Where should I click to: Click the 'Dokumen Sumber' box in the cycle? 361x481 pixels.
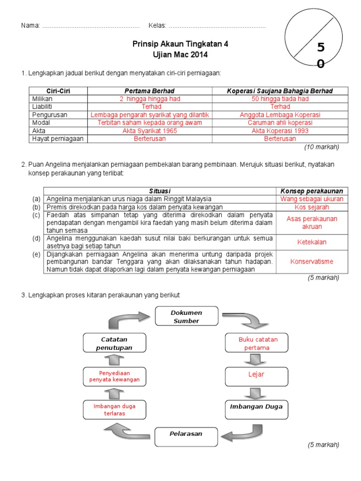(186, 316)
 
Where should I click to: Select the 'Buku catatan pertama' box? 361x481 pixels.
(256, 343)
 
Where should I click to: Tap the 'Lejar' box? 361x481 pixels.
(256, 374)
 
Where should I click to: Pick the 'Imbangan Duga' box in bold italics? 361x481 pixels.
(256, 406)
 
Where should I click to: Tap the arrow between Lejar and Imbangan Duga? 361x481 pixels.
(255, 393)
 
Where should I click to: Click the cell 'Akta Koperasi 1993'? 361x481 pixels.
(280, 131)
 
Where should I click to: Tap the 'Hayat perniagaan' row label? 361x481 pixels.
(57, 139)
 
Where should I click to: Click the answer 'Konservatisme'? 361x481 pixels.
(312, 262)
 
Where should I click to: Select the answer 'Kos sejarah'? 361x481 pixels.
(312, 207)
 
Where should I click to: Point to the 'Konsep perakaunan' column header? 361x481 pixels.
(312, 191)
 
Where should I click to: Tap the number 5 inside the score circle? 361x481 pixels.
(321, 47)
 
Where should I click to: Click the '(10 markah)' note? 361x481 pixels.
(322, 147)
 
